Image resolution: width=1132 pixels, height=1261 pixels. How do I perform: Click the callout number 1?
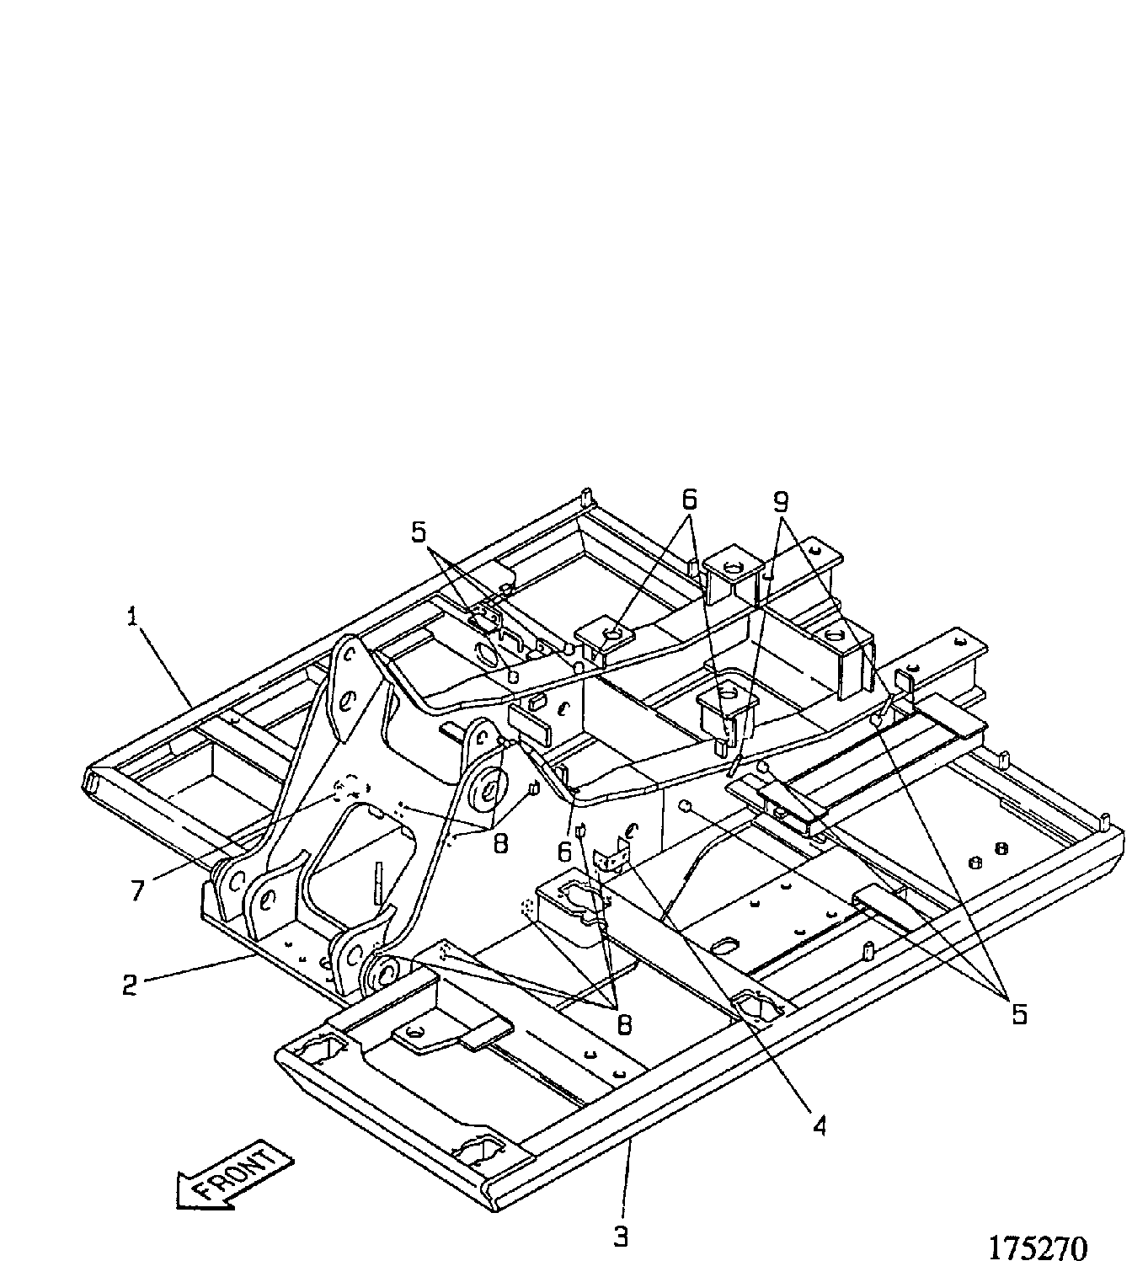[132, 618]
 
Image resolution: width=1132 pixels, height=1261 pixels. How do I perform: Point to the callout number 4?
[820, 1125]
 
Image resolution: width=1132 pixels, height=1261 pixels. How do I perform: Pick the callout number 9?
[781, 502]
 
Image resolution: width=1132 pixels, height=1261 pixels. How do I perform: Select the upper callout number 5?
[419, 532]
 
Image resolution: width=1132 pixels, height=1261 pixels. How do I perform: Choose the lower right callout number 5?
[1019, 1014]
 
